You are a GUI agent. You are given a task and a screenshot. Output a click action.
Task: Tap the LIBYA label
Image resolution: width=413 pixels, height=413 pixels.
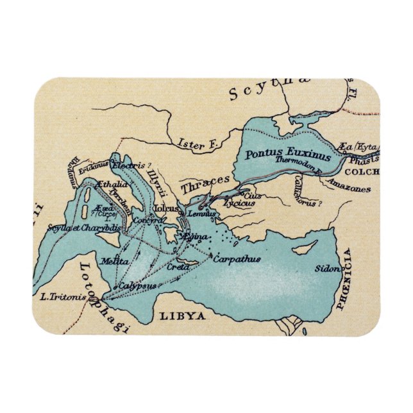coord(182,316)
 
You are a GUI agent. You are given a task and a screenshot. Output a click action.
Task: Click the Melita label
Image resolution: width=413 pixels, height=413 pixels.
coord(111,262)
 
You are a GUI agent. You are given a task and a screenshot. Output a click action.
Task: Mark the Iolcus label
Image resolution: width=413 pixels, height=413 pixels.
coord(165,208)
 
